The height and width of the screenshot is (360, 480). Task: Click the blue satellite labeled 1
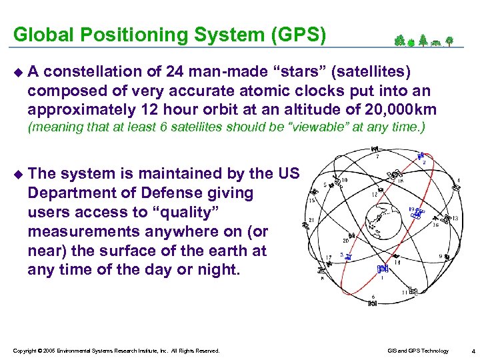point(382,269)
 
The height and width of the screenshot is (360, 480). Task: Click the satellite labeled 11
point(413,291)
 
